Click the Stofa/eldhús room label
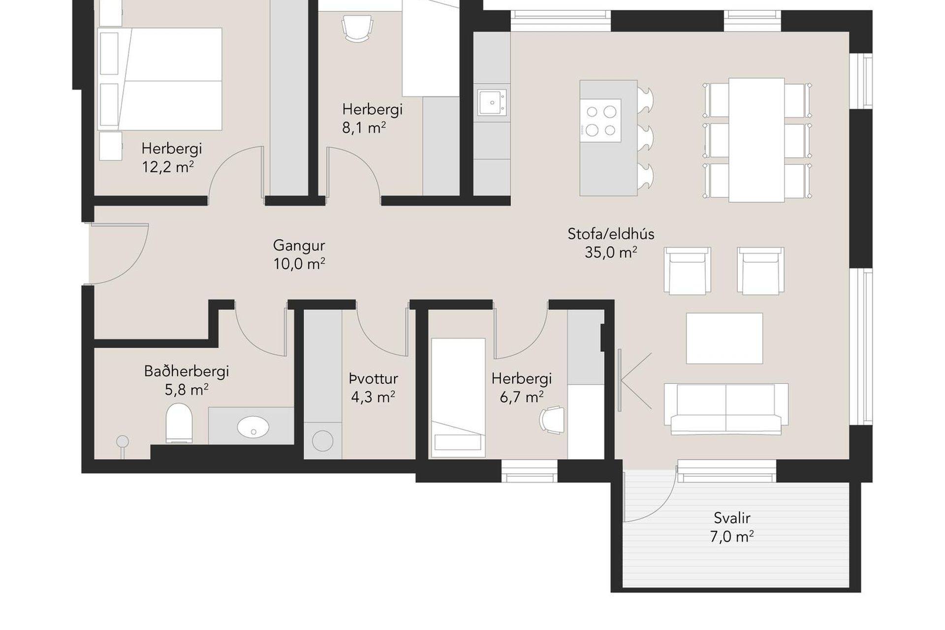tap(611, 234)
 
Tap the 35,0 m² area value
tap(611, 252)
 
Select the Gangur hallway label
tap(299, 246)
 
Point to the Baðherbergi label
tap(187, 371)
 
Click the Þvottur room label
tap(373, 379)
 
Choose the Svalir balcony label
tap(732, 518)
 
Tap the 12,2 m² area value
tap(168, 167)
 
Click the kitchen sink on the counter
tap(492, 102)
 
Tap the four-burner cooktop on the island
tap(600, 121)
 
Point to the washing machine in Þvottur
tap(322, 441)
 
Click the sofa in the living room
tap(726, 409)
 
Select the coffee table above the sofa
tap(724, 338)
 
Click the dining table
tap(756, 140)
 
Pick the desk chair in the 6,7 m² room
tap(552, 420)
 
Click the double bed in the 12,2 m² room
tap(160, 79)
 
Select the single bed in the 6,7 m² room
tap(458, 398)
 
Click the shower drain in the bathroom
tap(122, 441)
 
